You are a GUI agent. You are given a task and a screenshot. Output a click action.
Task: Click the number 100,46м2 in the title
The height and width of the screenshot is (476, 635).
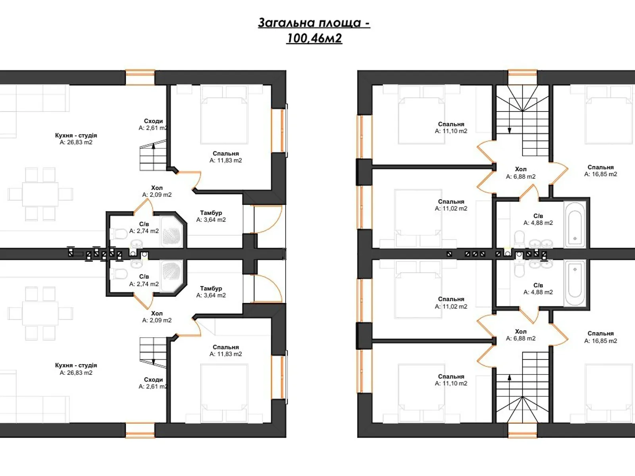(314, 38)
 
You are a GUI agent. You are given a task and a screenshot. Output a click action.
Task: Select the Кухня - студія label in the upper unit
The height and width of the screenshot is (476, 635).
(76, 135)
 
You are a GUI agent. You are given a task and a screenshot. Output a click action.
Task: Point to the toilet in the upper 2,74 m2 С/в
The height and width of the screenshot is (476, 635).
(119, 234)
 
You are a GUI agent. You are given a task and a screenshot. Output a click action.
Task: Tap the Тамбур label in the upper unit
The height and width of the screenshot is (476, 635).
(211, 213)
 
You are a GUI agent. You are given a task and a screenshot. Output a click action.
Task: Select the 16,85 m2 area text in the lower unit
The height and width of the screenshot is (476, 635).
(600, 341)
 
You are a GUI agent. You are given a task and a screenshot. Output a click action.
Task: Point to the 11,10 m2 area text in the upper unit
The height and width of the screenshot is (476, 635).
(451, 131)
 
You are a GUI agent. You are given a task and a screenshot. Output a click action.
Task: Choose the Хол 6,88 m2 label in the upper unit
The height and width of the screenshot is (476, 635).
(521, 173)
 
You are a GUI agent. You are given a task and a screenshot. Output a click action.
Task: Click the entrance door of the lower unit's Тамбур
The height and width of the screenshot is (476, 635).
(267, 288)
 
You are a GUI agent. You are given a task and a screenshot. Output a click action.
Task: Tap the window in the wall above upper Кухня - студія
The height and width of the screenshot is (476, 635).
(140, 77)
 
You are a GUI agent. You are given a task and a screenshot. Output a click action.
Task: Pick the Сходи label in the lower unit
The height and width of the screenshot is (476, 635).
(153, 380)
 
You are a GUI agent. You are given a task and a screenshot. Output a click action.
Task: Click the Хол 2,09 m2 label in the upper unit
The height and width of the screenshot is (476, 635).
(157, 191)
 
